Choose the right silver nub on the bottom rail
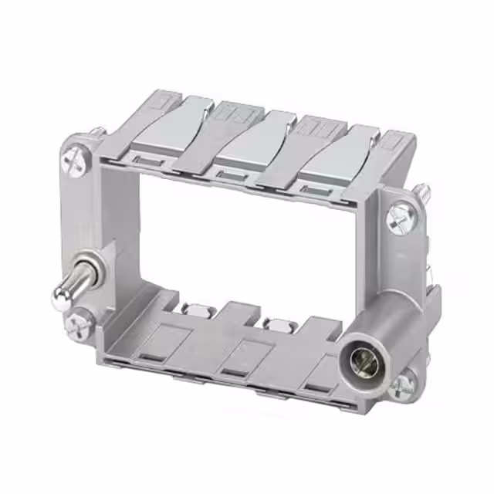276,323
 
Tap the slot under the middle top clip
229,175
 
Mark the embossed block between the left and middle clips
228,113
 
